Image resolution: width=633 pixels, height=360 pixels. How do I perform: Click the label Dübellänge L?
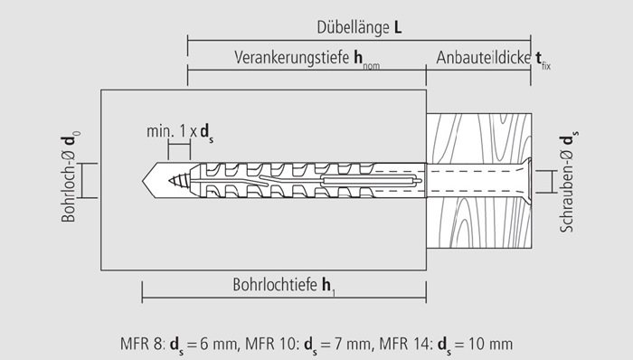coord(359,27)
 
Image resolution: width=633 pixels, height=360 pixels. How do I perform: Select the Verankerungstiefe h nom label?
coord(307,59)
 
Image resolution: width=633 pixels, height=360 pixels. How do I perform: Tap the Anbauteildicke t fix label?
coord(494,60)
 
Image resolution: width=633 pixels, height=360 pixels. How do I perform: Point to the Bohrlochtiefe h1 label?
coord(284,285)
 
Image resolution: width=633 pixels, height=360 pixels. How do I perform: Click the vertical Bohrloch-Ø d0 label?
coord(71,176)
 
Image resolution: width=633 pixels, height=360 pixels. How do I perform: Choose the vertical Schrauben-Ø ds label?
coord(569,182)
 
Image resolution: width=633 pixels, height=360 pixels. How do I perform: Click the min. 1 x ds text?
coord(180,132)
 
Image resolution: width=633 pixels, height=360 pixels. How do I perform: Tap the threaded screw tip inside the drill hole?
coord(179,181)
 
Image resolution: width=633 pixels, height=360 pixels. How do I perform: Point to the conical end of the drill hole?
coord(149,180)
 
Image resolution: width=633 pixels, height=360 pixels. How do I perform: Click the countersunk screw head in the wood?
coord(527,180)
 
